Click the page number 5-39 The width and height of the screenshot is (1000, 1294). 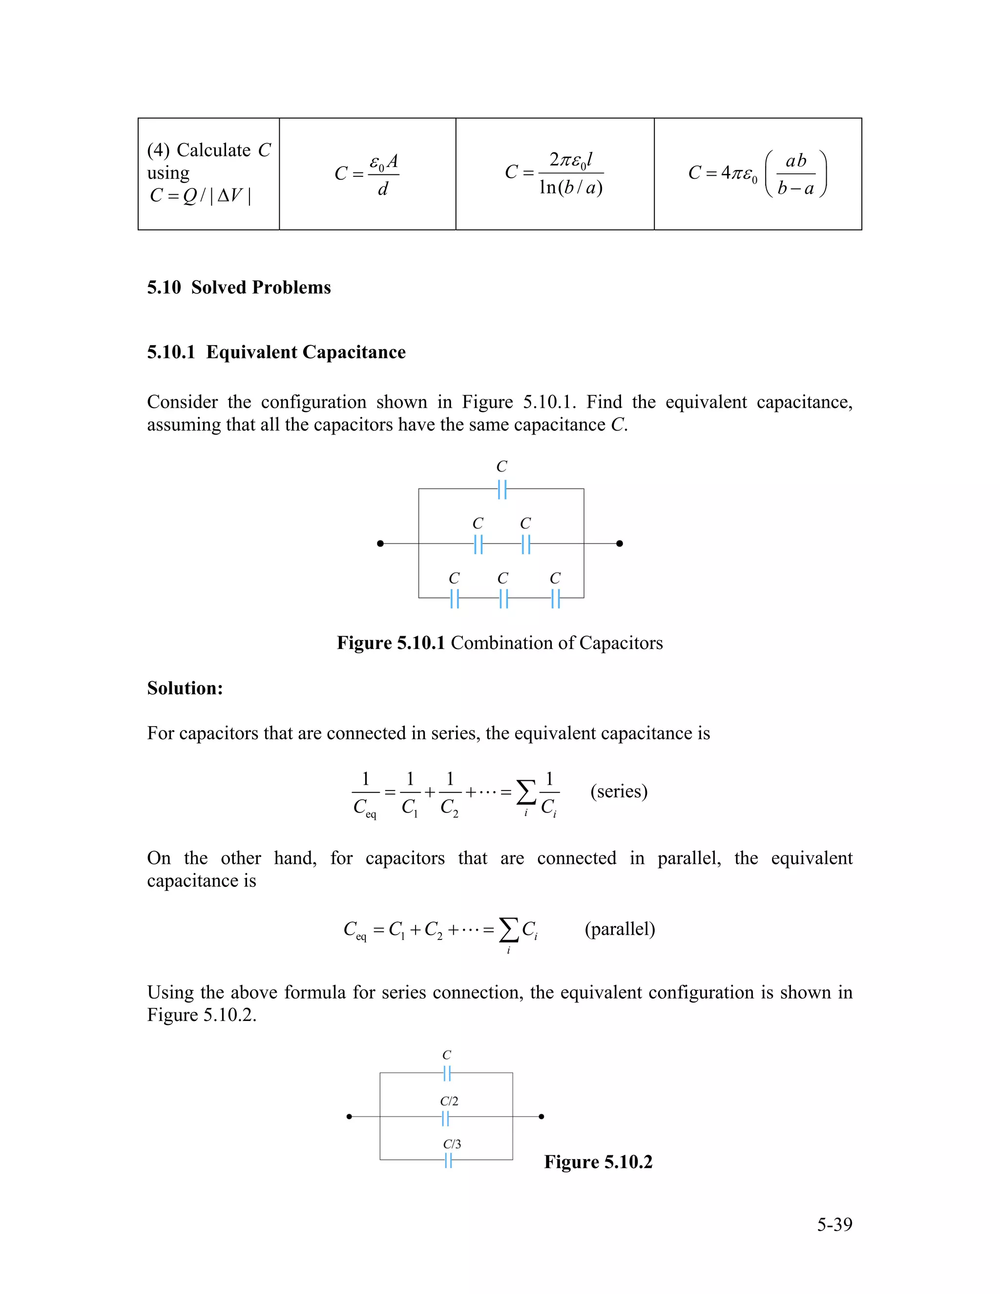[834, 1224]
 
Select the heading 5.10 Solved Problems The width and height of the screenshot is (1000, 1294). [239, 287]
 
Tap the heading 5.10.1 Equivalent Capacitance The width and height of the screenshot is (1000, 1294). [276, 352]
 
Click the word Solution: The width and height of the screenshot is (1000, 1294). [185, 688]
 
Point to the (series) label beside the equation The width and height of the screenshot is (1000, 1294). [619, 791]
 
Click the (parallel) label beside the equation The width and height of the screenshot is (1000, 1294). [620, 928]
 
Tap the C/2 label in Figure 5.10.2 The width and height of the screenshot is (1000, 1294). [448, 1101]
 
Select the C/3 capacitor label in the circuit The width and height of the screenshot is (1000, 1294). [452, 1144]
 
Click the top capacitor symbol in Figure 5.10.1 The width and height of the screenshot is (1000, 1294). [502, 489]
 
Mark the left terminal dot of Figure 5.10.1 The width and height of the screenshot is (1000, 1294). [380, 543]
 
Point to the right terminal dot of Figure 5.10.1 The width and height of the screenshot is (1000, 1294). [620, 543]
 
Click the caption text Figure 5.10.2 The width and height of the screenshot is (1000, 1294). [598, 1162]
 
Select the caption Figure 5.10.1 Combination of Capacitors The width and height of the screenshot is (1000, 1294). [500, 643]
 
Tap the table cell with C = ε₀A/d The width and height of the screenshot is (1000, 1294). [367, 174]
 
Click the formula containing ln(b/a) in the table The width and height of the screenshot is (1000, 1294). [555, 174]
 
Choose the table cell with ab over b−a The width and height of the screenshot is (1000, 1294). [758, 174]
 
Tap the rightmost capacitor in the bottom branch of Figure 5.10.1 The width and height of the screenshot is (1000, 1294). [555, 599]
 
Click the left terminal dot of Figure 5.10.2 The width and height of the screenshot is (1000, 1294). [350, 1117]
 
